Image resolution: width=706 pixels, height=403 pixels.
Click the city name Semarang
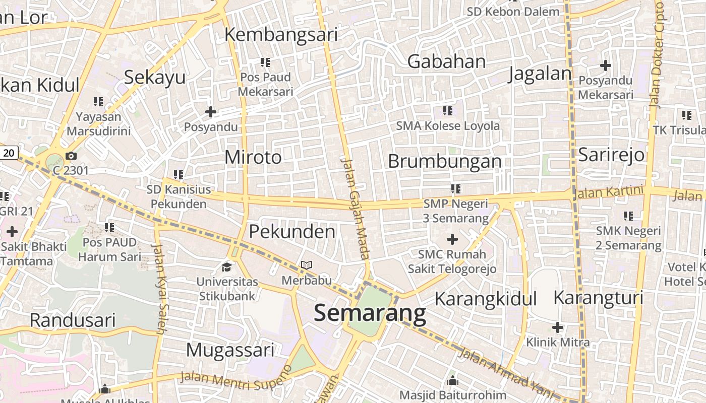(x=370, y=313)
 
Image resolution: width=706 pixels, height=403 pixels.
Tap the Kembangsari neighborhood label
(x=281, y=35)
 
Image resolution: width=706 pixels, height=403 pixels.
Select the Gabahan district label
(x=446, y=61)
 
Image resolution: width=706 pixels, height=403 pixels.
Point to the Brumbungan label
(x=445, y=161)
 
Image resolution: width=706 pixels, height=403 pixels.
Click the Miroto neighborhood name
(x=253, y=157)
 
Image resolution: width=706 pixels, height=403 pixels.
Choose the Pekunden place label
(x=292, y=232)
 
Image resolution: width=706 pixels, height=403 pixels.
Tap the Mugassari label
(x=230, y=350)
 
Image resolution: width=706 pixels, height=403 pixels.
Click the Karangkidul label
(x=485, y=299)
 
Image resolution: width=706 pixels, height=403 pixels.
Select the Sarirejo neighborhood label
(x=611, y=154)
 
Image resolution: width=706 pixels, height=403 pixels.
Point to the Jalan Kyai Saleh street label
(x=160, y=289)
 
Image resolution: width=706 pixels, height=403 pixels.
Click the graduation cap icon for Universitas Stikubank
(x=227, y=266)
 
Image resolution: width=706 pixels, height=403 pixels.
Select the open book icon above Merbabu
(x=307, y=265)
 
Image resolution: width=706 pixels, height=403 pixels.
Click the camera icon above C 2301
(x=71, y=156)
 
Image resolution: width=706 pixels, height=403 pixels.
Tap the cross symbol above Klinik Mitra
(x=557, y=327)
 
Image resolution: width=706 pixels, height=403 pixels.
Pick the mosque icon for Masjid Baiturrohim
(x=452, y=380)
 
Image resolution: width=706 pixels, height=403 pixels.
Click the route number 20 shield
(x=9, y=153)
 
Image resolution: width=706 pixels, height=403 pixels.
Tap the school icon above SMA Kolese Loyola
(x=447, y=110)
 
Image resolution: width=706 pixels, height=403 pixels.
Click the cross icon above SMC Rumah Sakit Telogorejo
(x=452, y=239)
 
